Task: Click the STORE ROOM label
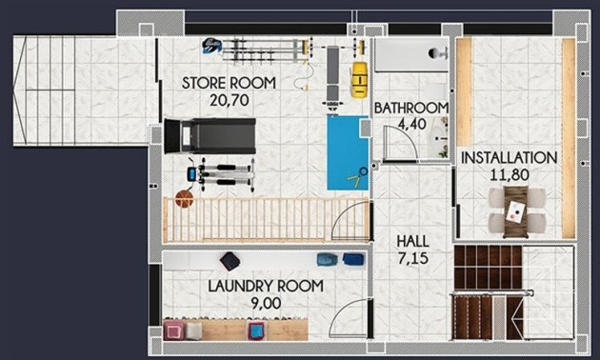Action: point(229,83)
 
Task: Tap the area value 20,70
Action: point(229,98)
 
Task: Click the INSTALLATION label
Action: point(509,157)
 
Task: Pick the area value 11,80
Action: point(509,173)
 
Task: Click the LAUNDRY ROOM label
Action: point(266,286)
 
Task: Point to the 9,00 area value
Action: point(266,302)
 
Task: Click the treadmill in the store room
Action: point(209,134)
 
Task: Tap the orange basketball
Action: point(184,199)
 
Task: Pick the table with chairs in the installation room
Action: point(517,210)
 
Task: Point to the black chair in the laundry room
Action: point(230,261)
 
